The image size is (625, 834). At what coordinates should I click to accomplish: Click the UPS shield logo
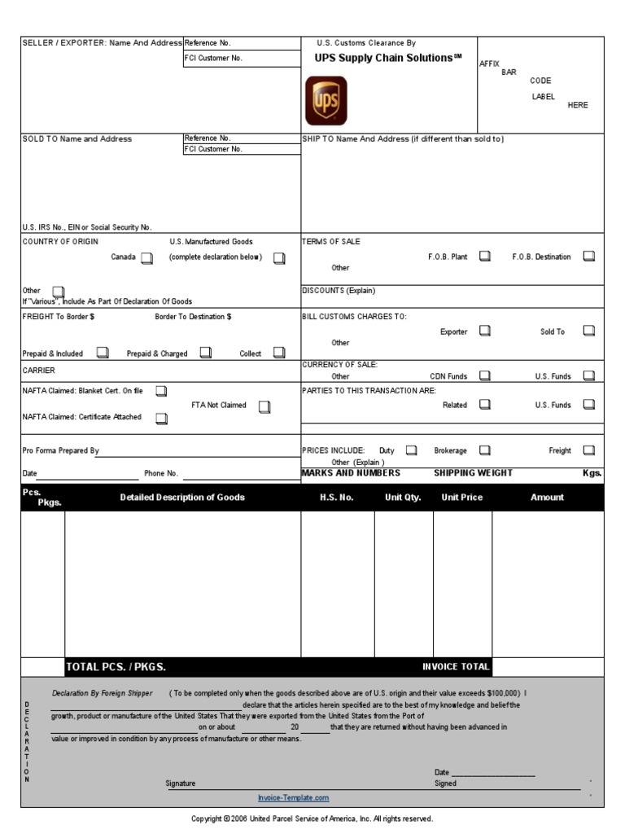pos(326,100)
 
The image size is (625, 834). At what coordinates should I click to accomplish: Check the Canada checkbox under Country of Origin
pos(146,258)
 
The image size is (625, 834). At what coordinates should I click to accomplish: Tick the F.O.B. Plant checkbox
pos(484,257)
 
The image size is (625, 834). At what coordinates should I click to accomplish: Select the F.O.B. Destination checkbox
pos(589,257)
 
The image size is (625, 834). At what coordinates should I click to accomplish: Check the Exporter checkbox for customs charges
pos(484,331)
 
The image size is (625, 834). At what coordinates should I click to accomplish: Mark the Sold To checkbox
pos(589,331)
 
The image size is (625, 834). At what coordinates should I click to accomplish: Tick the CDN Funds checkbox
pos(484,376)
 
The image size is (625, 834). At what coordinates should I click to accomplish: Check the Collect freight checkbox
pos(279,353)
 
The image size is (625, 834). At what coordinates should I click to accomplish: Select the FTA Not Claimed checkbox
pos(264,406)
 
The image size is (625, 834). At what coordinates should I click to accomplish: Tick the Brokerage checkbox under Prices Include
pos(484,450)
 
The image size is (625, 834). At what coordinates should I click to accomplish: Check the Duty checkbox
pos(411,450)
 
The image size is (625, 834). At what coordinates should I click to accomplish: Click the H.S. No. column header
pos(337,498)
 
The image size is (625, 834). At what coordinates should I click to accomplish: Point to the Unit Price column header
pos(462,498)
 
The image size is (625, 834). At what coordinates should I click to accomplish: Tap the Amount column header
pos(547,498)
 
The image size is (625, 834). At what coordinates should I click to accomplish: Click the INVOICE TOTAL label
pos(456,666)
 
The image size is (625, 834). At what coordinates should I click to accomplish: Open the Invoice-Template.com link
pos(293,798)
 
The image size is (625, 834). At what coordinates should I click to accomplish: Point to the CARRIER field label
pos(39,370)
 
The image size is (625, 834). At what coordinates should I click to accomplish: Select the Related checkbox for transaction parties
pos(484,405)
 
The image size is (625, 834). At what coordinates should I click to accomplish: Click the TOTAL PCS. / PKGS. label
pos(116,667)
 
